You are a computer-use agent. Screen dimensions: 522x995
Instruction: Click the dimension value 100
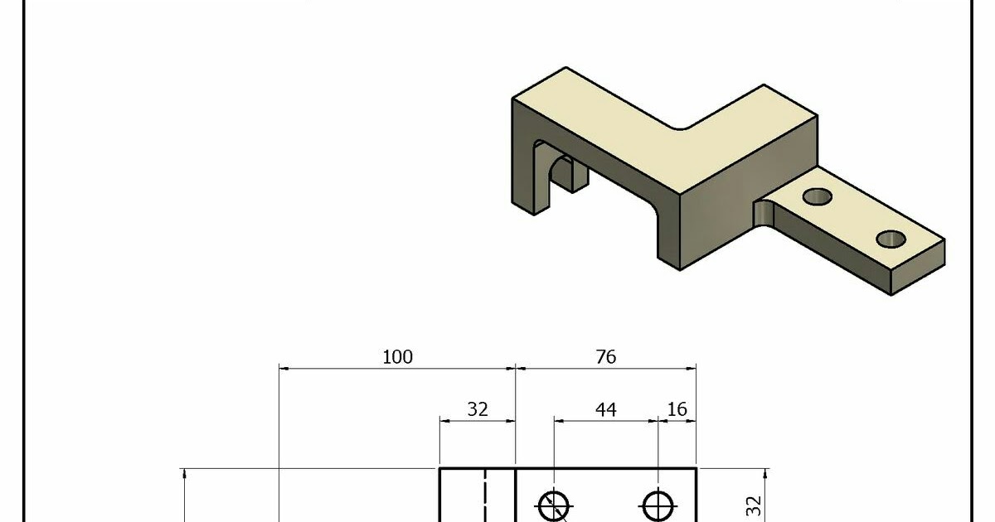tap(397, 357)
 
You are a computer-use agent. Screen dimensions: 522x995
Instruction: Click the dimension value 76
tap(606, 357)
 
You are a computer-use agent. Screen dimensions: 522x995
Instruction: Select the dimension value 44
tap(606, 409)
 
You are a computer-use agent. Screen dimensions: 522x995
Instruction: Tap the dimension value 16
tap(677, 409)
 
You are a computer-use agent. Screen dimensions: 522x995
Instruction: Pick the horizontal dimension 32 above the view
tap(478, 409)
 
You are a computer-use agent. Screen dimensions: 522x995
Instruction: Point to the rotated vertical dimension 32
tap(753, 505)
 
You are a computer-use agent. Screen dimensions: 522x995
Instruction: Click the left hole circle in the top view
tap(553, 505)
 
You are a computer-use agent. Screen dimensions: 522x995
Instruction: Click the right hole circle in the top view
tap(658, 505)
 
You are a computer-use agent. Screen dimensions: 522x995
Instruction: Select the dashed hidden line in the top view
tap(484, 497)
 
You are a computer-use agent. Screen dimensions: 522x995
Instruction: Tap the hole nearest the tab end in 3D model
tap(891, 239)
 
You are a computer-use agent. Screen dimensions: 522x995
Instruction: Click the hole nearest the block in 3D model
tap(818, 196)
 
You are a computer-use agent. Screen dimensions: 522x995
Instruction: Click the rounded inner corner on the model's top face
tap(682, 128)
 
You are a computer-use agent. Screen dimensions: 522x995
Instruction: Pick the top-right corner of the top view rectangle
tap(696, 469)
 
